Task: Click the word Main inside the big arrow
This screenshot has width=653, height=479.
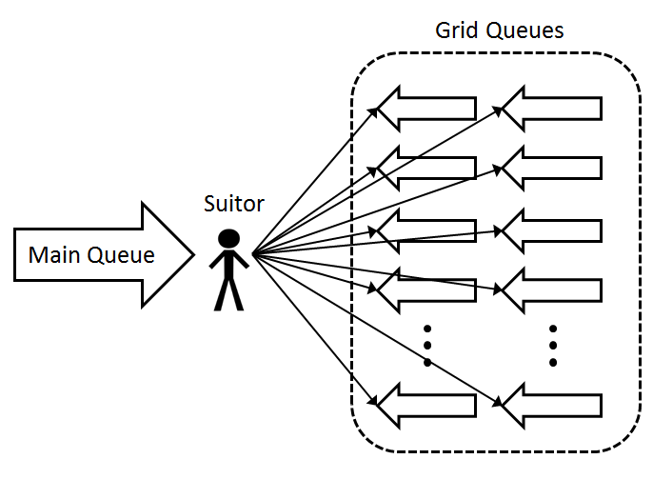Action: pyautogui.click(x=51, y=255)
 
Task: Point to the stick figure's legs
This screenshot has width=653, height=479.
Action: pyautogui.click(x=228, y=292)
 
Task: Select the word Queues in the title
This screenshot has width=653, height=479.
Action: pyautogui.click(x=523, y=30)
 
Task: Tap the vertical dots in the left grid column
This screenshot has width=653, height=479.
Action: pyautogui.click(x=427, y=346)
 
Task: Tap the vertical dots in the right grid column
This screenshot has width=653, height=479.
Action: pyautogui.click(x=553, y=346)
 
